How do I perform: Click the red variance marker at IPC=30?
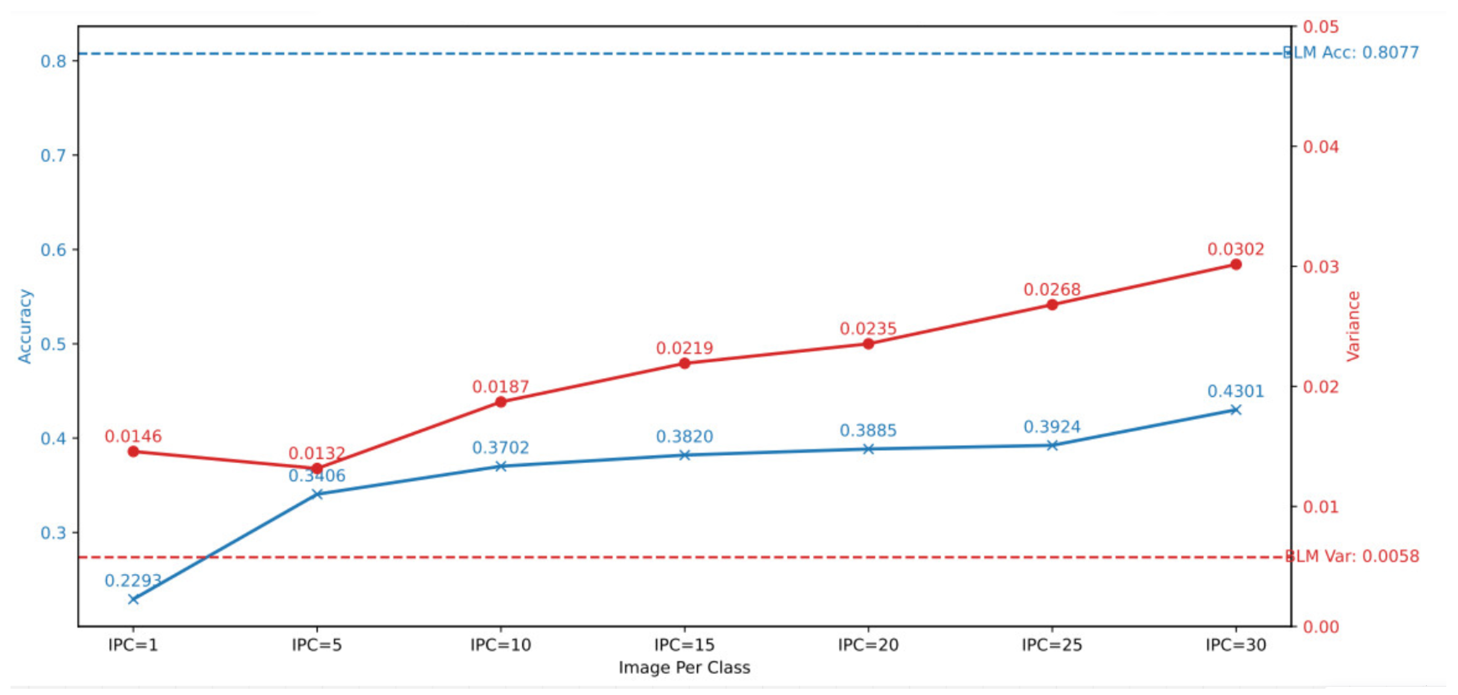click(1236, 265)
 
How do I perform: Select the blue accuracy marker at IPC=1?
click(133, 599)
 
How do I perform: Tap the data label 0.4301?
click(1236, 391)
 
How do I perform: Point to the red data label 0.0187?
click(500, 387)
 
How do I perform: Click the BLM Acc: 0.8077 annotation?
click(1350, 53)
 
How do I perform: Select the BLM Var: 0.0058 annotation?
click(1352, 556)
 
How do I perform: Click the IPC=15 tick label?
click(684, 645)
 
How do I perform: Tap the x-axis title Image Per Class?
click(684, 668)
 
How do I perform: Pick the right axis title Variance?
click(1353, 326)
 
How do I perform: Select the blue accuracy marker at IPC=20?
click(868, 449)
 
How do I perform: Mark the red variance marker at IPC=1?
click(133, 451)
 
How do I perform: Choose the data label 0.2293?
click(133, 580)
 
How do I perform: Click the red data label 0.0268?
click(1052, 290)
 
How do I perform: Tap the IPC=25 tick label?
click(1052, 645)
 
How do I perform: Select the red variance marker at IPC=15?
click(684, 363)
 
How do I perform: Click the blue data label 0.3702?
click(500, 448)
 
